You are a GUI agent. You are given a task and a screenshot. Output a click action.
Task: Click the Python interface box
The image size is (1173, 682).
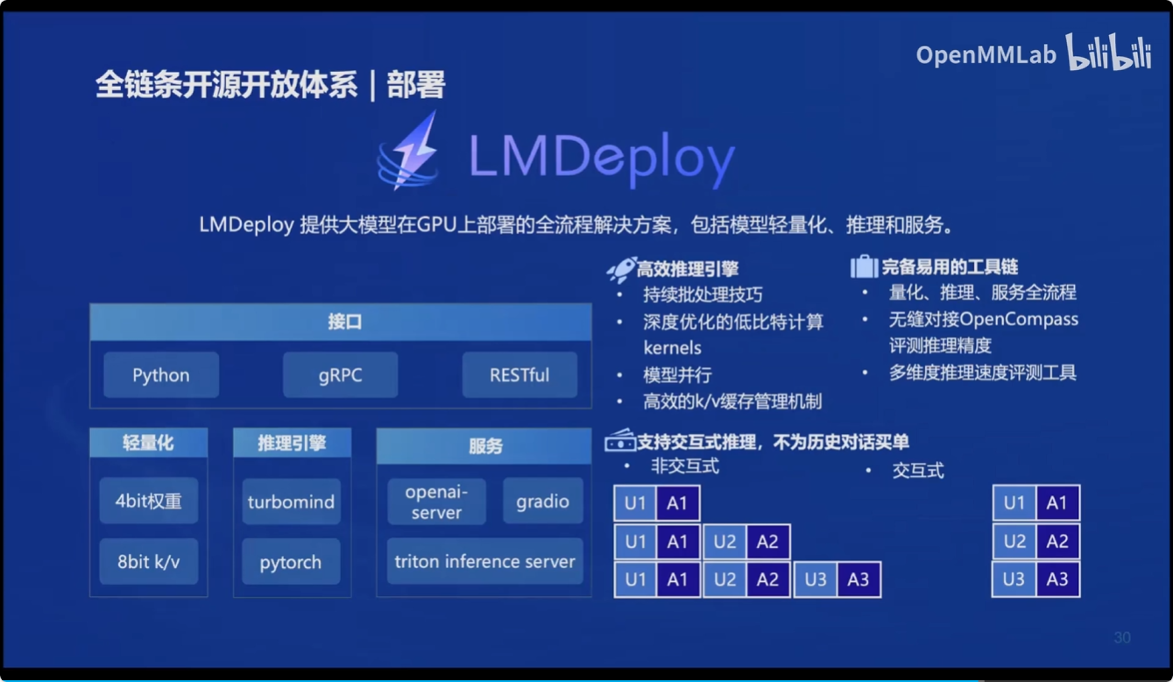point(161,375)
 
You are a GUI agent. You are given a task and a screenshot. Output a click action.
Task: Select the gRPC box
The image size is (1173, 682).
point(340,375)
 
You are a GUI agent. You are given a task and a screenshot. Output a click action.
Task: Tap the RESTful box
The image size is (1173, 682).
point(519,375)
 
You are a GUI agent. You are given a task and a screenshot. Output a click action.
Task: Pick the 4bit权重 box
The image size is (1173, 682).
point(148,501)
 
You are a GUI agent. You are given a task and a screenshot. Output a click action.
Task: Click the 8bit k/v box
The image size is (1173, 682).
point(148,562)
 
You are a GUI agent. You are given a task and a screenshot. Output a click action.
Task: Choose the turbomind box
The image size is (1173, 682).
point(291,502)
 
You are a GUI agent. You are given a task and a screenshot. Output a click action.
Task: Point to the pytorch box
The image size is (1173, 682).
point(291,563)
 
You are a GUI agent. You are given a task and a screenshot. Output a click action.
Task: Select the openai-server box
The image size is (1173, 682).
point(436,502)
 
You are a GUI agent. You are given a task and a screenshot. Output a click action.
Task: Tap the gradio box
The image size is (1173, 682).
point(542,501)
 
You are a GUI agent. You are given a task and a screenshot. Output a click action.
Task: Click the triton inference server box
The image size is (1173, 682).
point(484,562)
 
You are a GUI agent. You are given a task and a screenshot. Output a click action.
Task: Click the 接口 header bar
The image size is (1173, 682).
point(341,323)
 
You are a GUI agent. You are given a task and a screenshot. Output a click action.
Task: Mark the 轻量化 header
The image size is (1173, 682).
point(148,444)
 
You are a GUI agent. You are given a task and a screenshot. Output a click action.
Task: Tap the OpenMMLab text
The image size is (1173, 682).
point(986,54)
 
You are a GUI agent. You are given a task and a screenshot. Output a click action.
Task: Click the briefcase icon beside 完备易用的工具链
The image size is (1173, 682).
point(864,266)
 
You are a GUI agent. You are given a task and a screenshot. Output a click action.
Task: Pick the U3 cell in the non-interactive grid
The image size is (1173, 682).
point(815,580)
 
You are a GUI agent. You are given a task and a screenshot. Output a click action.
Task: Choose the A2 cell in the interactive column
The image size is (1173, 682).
point(1057,542)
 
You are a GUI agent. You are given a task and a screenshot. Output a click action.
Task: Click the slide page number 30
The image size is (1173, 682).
point(1122,637)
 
